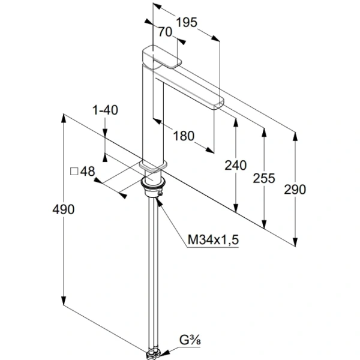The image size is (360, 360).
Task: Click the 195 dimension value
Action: pos(187,23)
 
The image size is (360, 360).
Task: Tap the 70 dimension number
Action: pos(165,32)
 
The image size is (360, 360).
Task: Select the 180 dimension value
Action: pos(184,136)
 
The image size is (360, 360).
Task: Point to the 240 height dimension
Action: pos(235,166)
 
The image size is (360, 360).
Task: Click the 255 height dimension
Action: pos(264,178)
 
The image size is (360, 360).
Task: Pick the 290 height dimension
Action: pos(295,190)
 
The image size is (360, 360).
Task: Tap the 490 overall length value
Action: pos(64,209)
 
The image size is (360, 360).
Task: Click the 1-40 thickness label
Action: pos(105,110)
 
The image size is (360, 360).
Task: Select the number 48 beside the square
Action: pos(88,171)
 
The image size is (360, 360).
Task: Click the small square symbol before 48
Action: pos(74,172)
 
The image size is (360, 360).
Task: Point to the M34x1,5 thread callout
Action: pos(213,239)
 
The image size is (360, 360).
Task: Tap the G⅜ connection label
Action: pos(190,340)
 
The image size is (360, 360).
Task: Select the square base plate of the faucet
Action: pos(153,166)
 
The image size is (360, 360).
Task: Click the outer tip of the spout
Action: pos(219,103)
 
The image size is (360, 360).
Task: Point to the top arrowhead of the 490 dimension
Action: pos(64,118)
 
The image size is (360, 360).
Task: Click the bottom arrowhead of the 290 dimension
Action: pos(295,242)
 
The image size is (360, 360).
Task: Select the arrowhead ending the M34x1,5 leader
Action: pos(159,202)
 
